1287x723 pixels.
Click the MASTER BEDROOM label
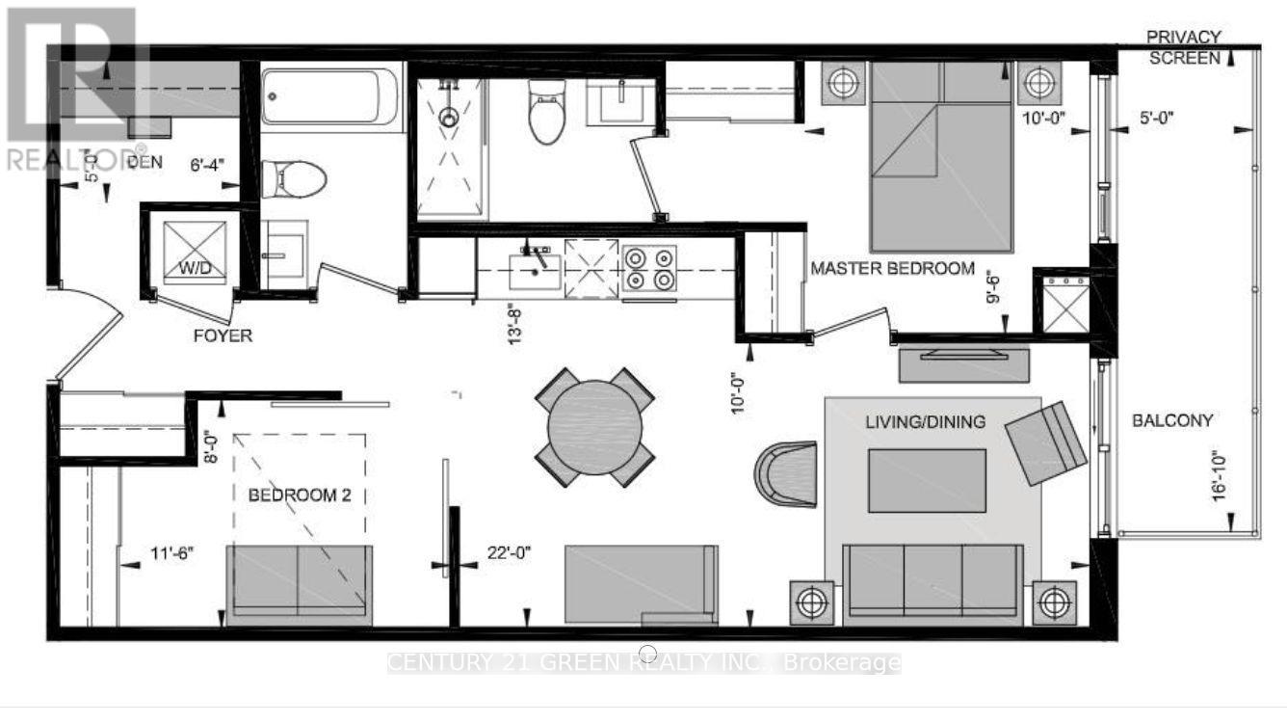(x=892, y=268)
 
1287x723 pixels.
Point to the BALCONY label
(x=1171, y=420)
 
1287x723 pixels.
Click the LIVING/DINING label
(x=925, y=421)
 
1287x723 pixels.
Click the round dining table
(x=595, y=426)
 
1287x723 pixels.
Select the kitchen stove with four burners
(x=649, y=268)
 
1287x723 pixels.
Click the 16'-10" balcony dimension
(x=1221, y=475)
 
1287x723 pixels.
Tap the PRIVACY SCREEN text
(x=1183, y=47)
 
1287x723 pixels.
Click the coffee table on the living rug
(x=927, y=480)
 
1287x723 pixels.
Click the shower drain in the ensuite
(x=448, y=118)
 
